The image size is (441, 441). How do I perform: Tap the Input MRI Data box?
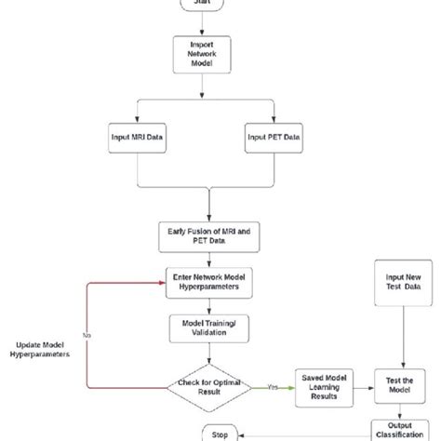pyautogui.click(x=138, y=137)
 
